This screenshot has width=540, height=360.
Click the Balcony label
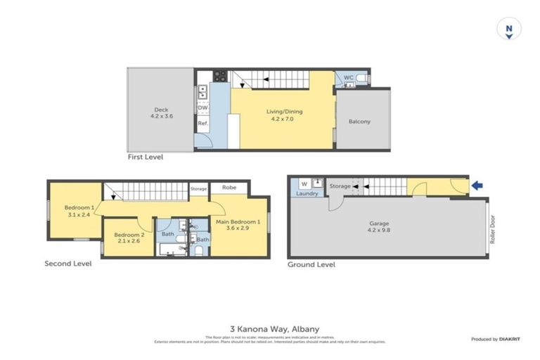click(x=359, y=122)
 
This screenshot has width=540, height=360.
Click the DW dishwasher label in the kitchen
click(x=202, y=108)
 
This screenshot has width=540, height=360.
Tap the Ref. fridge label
click(x=202, y=123)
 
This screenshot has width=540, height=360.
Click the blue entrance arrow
click(x=477, y=186)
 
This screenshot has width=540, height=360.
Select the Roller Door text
click(x=492, y=229)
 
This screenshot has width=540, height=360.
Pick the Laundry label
click(x=307, y=193)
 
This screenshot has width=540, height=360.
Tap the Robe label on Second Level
click(x=229, y=188)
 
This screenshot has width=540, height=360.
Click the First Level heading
click(x=145, y=157)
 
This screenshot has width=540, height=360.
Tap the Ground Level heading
click(x=311, y=264)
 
